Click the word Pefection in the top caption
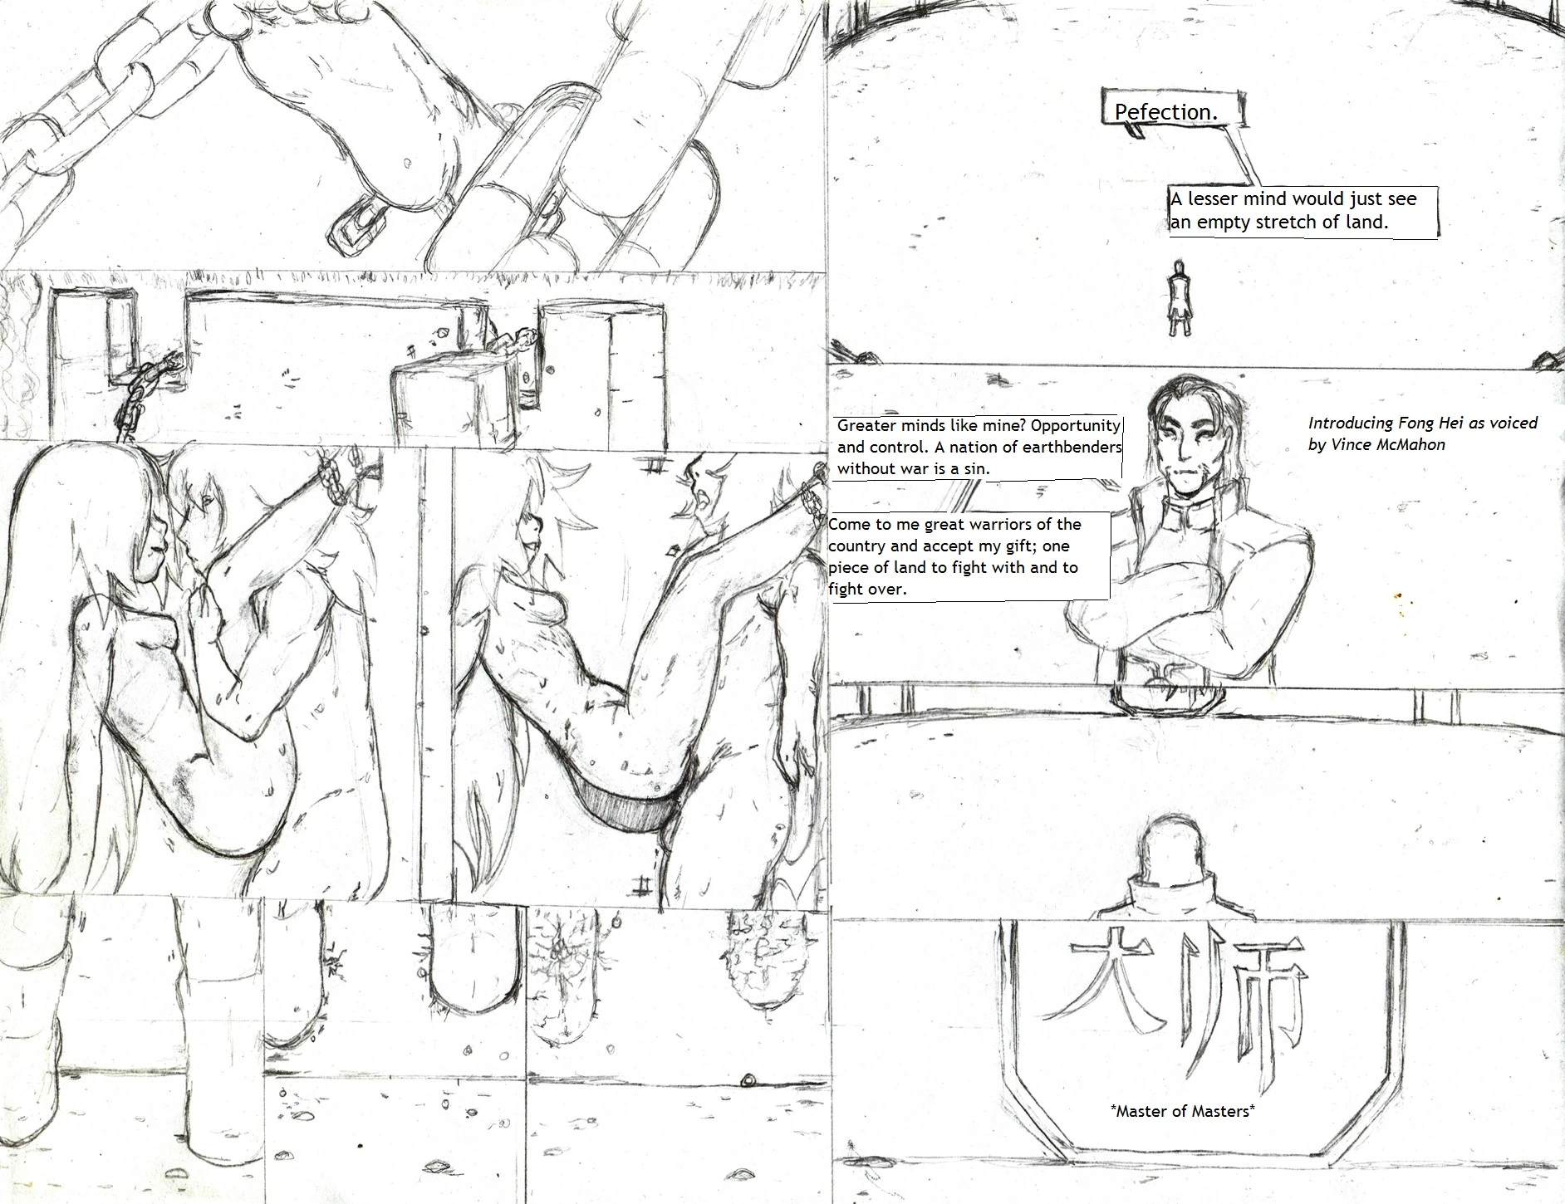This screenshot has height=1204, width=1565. (x=1165, y=112)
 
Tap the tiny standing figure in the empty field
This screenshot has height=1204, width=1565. (x=1176, y=299)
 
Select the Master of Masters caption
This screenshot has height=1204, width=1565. (x=1181, y=1111)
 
